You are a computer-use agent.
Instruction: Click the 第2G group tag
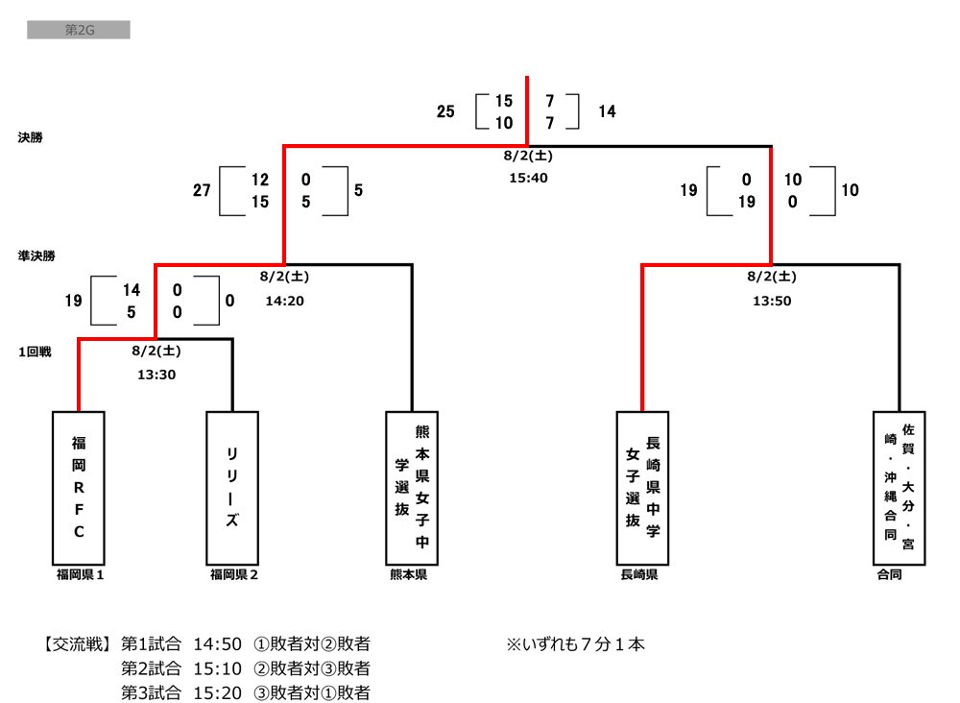78,31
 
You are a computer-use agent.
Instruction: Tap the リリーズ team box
232,487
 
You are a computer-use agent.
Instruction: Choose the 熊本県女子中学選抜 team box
412,487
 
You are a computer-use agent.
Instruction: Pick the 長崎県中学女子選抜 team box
642,487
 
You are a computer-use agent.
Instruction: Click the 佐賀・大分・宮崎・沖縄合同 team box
900,487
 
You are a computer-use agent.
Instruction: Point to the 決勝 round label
30,137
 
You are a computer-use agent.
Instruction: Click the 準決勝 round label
36,256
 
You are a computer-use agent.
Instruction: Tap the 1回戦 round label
34,351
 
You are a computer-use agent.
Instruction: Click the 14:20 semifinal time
284,300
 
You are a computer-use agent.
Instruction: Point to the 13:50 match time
771,300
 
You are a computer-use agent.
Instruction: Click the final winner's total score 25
445,111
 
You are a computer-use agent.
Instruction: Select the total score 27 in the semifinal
202,190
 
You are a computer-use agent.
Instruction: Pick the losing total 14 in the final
607,111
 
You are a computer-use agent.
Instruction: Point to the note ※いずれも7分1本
576,643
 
